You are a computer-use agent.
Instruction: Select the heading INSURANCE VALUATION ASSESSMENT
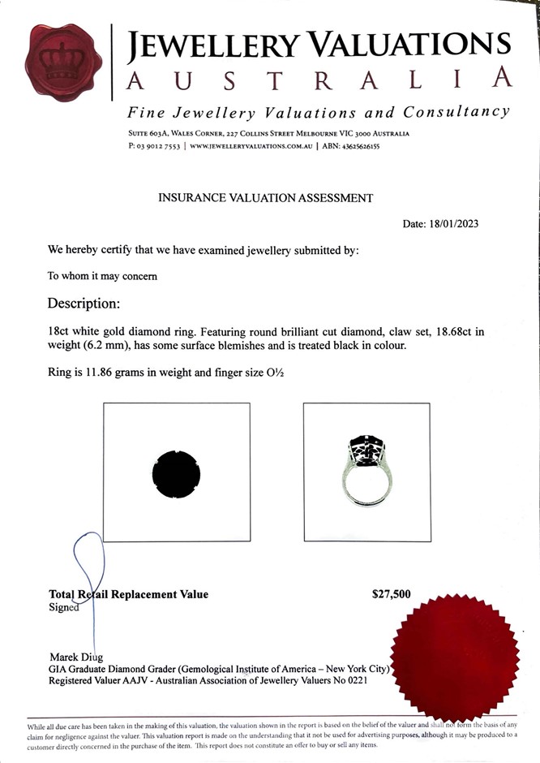[x=265, y=197]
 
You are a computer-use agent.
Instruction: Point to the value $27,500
[x=391, y=594]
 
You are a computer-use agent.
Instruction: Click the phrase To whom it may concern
[x=102, y=275]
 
